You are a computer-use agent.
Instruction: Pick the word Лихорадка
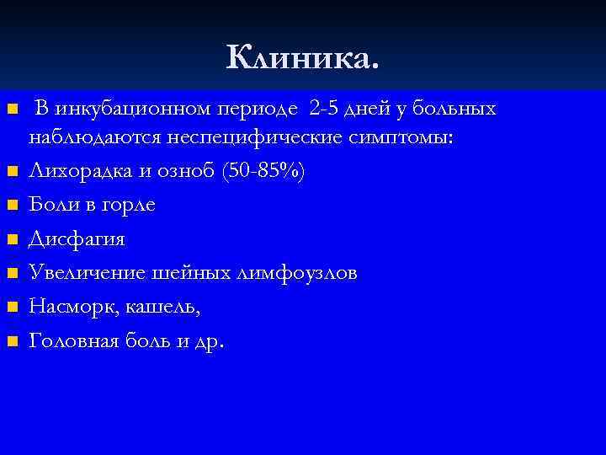[x=78, y=171]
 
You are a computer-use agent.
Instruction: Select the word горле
[x=128, y=206]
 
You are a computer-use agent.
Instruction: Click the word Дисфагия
[x=77, y=240]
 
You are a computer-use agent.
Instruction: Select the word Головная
[x=76, y=341]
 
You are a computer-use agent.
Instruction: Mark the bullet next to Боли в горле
[x=12, y=206]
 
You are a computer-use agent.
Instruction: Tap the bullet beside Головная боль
[x=12, y=342]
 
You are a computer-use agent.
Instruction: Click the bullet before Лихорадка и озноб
[x=12, y=172]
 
